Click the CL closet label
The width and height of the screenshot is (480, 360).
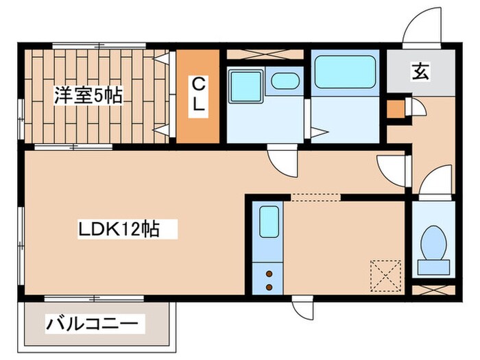tap(197, 97)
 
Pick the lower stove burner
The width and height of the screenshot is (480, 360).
tap(269, 285)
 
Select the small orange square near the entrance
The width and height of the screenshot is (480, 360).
tap(394, 109)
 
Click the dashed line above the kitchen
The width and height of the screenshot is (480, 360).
tap(315, 196)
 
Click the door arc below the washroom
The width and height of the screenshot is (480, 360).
tap(280, 159)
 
